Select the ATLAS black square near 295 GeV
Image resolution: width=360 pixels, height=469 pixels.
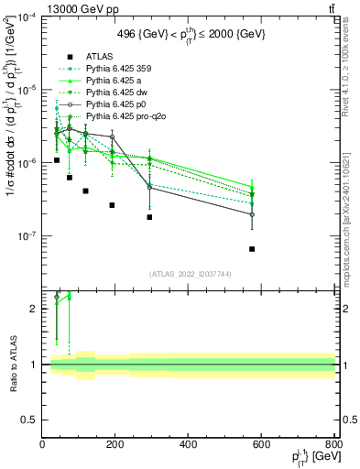tap(149, 217)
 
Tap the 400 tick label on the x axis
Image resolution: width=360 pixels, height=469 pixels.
tap(188, 443)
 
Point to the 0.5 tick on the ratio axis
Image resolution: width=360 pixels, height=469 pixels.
tap(34, 420)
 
